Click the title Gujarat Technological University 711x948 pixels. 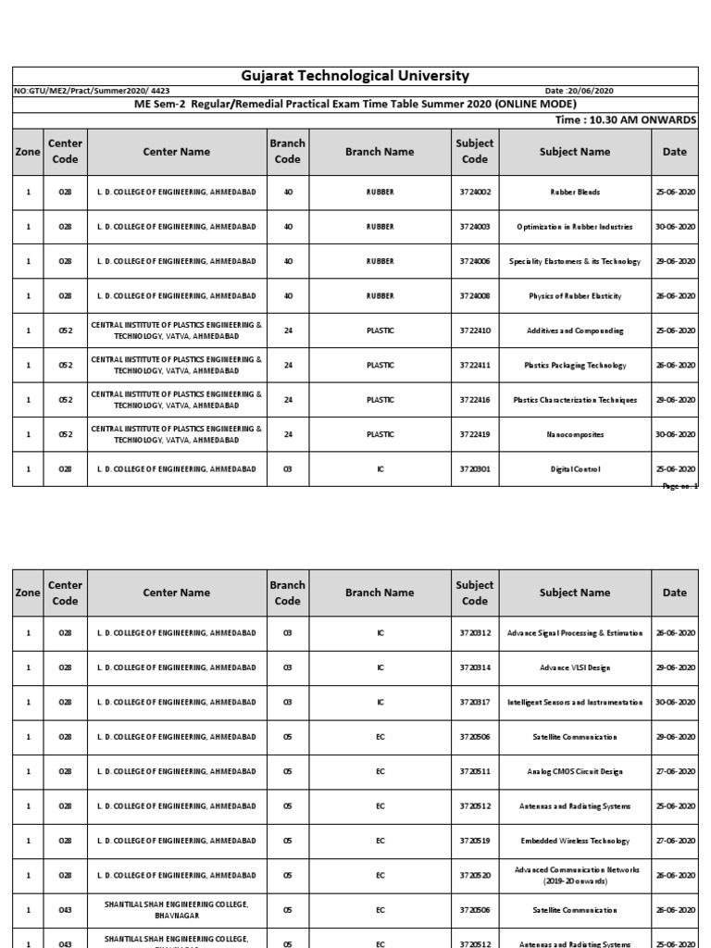[355, 76]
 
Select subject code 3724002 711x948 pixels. [475, 192]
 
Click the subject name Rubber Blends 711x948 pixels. [575, 192]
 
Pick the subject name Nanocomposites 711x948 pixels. [575, 434]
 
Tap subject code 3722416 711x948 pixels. [475, 400]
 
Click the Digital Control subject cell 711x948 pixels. [575, 469]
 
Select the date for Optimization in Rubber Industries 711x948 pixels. [675, 227]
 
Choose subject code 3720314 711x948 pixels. [475, 667]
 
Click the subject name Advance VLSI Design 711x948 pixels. [575, 667]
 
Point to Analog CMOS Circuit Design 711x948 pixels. [575, 771]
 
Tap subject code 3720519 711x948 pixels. [475, 841]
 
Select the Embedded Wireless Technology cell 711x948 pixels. [575, 841]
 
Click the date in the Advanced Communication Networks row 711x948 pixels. [675, 876]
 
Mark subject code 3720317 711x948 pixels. [475, 703]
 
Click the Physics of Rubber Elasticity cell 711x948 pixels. [575, 296]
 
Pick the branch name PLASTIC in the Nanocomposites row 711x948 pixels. [380, 434]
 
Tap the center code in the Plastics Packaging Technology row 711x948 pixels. [65, 366]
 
